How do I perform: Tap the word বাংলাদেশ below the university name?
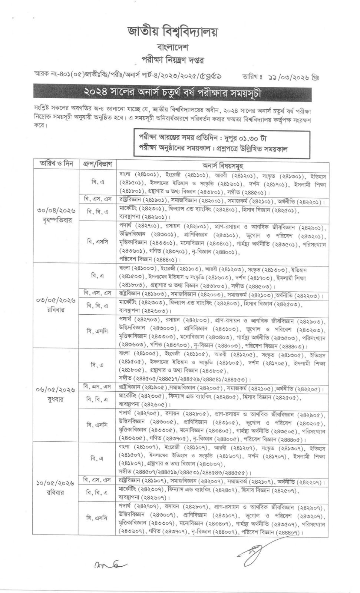tap(173, 48)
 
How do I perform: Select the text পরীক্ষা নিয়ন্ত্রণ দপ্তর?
tap(173, 60)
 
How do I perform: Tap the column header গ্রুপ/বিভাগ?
tap(98, 163)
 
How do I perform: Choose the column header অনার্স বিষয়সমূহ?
tap(223, 165)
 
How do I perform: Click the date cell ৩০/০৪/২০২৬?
tap(56, 211)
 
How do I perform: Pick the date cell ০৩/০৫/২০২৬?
tap(56, 300)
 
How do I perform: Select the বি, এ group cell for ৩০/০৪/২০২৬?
tap(98, 182)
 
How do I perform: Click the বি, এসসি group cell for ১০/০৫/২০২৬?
tap(97, 518)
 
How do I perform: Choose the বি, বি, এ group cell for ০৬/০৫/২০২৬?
tap(97, 400)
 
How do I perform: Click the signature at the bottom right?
tap(252, 552)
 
